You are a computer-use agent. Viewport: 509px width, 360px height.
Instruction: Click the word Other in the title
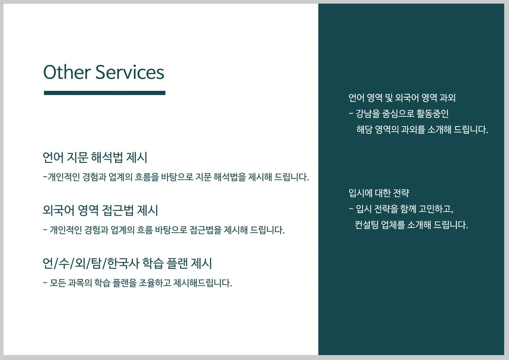(x=67, y=72)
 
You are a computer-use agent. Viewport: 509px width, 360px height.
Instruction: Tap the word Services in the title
(x=130, y=72)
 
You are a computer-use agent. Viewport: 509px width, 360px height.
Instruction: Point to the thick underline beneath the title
(x=104, y=93)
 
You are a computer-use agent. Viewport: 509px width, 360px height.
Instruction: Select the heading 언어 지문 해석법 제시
(x=95, y=157)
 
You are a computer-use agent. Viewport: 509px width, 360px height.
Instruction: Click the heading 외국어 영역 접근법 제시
(x=100, y=211)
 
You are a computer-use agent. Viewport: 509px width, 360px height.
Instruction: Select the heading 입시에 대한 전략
(x=379, y=193)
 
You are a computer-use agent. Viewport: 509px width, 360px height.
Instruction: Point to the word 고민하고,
(x=436, y=209)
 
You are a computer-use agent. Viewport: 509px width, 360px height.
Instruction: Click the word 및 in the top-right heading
(x=389, y=98)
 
